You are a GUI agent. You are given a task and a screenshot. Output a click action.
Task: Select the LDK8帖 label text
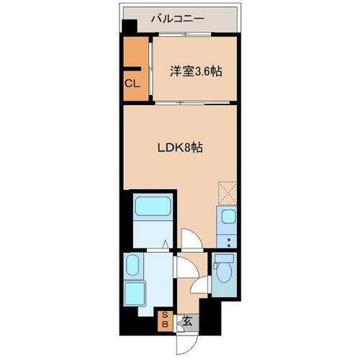point(180,148)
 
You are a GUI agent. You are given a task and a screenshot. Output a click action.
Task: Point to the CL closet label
point(132,84)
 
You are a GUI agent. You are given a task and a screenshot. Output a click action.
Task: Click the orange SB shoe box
point(164,319)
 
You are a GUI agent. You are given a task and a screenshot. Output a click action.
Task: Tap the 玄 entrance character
point(186,321)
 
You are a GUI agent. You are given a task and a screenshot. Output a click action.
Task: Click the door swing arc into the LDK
point(189,239)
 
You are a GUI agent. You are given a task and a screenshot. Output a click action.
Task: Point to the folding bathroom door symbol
point(166,245)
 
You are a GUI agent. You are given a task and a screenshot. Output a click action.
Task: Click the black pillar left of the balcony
point(128,27)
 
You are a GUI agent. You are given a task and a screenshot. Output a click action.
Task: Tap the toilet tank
point(222,258)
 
